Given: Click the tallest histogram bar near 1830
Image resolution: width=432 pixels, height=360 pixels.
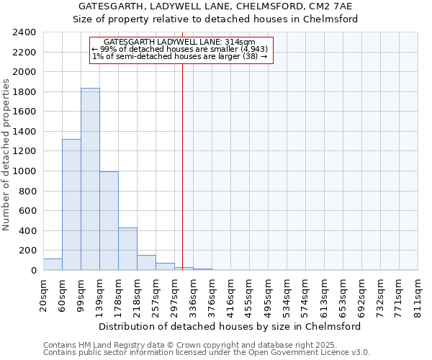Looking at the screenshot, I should (90, 179).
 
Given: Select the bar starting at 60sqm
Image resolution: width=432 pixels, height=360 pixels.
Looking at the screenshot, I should (71, 204).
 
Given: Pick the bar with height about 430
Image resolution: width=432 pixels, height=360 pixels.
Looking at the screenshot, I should (127, 249).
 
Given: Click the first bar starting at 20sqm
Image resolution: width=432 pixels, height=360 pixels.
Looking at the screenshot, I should (53, 264).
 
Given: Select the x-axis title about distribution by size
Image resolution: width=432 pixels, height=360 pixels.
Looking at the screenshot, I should (230, 326).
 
